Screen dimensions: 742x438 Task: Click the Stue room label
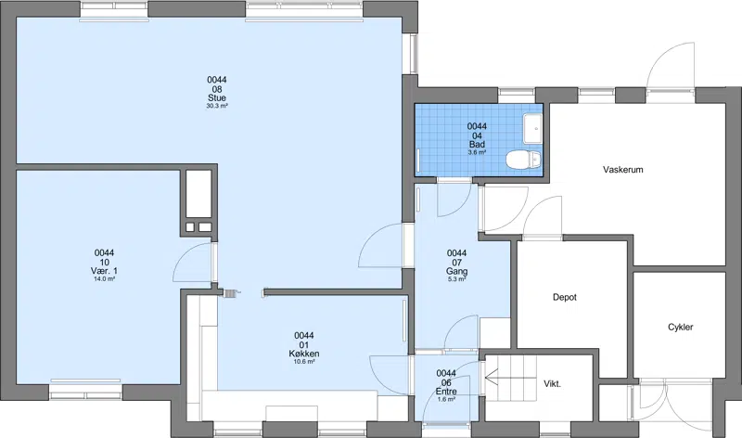217,98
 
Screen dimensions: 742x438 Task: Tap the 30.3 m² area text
217,106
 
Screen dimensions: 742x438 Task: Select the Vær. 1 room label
104,271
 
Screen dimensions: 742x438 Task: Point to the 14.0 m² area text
104,279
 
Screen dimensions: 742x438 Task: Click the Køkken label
304,354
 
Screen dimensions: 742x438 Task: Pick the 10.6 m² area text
304,362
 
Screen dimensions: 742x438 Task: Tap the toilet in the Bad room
523,160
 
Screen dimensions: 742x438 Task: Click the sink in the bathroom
532,128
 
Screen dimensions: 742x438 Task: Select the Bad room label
477,145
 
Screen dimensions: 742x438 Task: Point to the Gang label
456,271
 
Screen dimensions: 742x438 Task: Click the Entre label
446,392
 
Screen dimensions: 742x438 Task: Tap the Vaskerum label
622,170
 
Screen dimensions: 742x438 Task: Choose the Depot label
565,297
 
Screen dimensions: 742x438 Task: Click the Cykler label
681,328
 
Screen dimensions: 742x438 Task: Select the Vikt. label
552,384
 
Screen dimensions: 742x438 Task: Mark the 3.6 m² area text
477,152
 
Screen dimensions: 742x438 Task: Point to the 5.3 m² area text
456,279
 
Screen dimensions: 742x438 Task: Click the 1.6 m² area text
446,400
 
